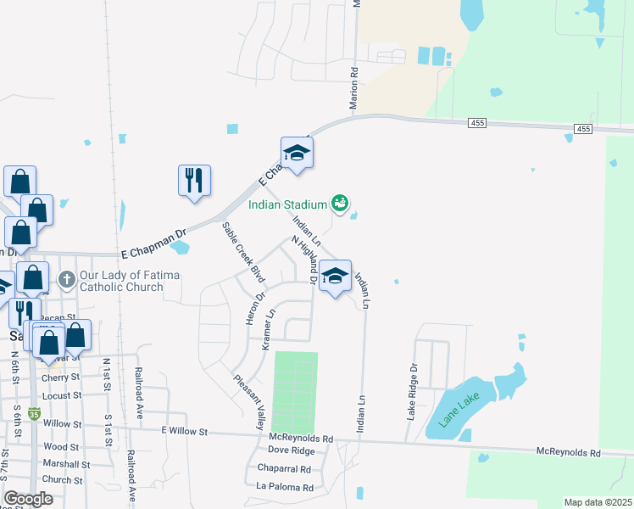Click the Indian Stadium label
coord(287,204)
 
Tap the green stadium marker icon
coord(340,203)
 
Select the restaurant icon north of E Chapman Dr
coord(194,181)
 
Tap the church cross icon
coord(67,278)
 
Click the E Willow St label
coord(185,431)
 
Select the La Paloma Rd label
coord(285,488)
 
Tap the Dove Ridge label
coord(291,450)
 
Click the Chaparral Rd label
coord(286,469)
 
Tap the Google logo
coord(29,499)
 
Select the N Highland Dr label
coord(304,260)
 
